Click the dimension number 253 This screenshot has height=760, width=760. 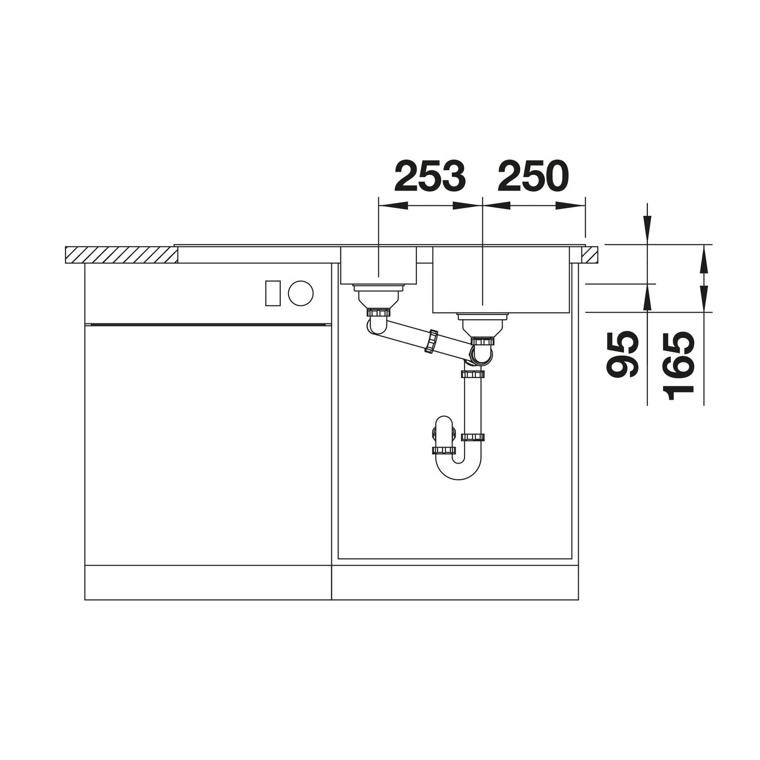click(430, 176)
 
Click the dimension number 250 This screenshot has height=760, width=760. click(533, 176)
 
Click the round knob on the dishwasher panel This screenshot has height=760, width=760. click(301, 293)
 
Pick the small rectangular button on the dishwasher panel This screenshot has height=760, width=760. click(273, 293)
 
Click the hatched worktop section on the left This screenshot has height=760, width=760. click(121, 255)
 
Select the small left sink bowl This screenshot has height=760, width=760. click(378, 265)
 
